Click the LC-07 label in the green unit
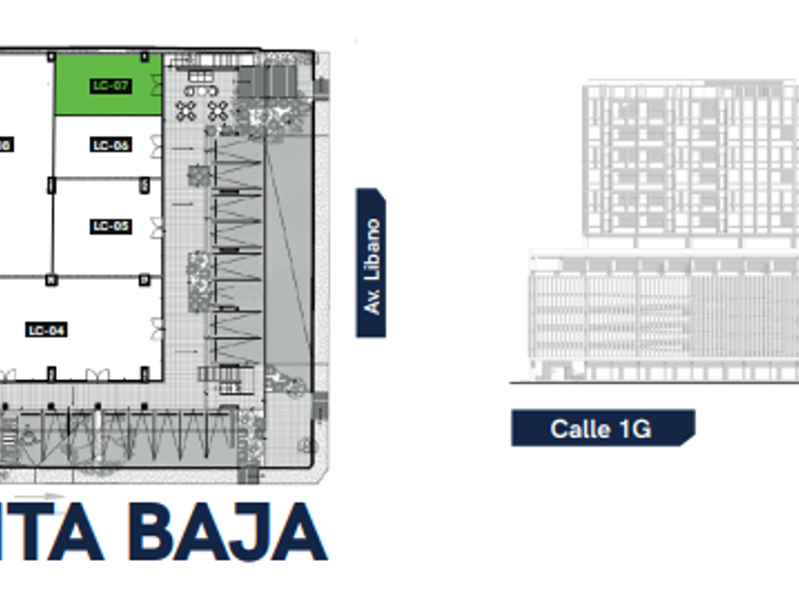[110, 86]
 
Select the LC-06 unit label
[110, 146]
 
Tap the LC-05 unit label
[110, 227]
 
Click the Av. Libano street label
[371, 264]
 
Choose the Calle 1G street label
[601, 429]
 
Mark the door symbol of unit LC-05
[157, 225]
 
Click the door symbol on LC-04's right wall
[157, 330]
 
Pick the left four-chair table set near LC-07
[186, 110]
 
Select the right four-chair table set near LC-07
[218, 110]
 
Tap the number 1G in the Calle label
[628, 429]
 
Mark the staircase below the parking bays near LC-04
[231, 380]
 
